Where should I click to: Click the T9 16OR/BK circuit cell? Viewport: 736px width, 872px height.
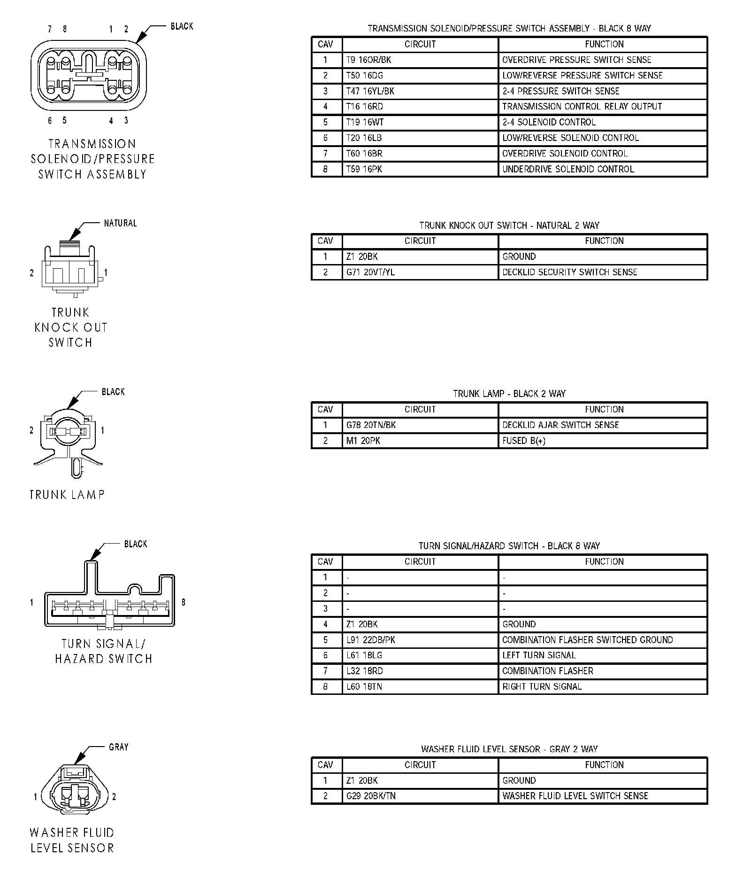click(x=420, y=60)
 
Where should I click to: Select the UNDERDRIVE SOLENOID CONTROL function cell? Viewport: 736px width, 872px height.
click(x=603, y=169)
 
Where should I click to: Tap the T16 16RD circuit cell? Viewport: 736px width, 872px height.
click(x=420, y=107)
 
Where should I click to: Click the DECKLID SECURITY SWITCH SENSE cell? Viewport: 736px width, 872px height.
click(x=603, y=272)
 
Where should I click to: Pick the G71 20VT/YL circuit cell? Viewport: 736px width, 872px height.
click(x=420, y=272)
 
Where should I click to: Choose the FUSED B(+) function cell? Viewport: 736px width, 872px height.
click(x=603, y=441)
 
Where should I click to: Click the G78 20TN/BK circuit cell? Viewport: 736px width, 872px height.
click(x=420, y=425)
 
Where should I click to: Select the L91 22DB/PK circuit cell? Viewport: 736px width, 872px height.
click(x=420, y=640)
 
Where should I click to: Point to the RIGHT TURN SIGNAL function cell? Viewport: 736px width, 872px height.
click(x=603, y=686)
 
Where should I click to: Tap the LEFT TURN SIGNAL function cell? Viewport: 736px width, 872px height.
click(x=603, y=655)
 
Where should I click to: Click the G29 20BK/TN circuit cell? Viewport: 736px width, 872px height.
click(x=420, y=796)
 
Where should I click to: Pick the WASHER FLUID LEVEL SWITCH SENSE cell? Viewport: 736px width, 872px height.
click(x=603, y=796)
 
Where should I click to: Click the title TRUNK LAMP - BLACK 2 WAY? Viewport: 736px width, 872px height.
click(x=509, y=394)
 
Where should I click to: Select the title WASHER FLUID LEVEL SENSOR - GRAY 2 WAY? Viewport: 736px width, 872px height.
click(x=509, y=749)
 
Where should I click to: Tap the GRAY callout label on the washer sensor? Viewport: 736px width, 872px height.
click(x=118, y=747)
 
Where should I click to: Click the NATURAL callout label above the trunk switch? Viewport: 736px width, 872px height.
click(x=120, y=223)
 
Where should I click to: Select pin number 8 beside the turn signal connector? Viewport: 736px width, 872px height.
click(x=184, y=602)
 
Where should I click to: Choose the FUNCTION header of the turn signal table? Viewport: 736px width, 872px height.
click(x=604, y=562)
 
